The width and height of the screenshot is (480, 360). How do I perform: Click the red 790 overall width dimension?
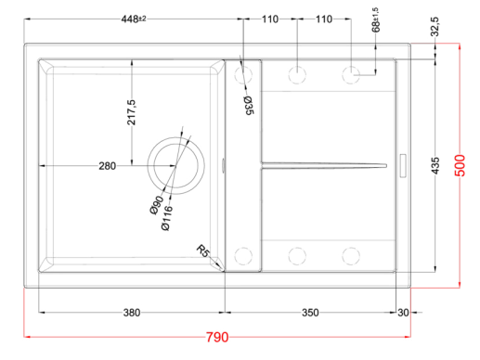coord(217,337)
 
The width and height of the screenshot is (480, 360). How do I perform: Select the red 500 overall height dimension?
coord(461,165)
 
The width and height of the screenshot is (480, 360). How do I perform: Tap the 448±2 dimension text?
coord(134,19)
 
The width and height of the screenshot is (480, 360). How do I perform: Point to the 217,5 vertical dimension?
coord(131,112)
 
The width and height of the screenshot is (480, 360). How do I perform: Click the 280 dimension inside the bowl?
coord(107,166)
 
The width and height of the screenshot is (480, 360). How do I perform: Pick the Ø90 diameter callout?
coord(156,205)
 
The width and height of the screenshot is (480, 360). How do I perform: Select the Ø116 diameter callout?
coord(166,218)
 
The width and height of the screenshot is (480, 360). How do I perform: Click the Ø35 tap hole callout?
coord(249,105)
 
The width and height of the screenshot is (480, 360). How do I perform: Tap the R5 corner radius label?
coord(202,251)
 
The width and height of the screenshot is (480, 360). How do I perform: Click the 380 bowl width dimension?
coord(132,313)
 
